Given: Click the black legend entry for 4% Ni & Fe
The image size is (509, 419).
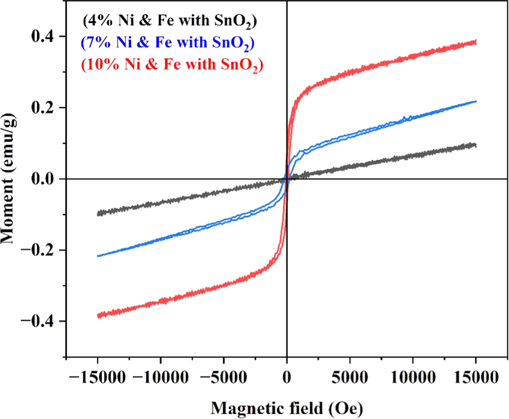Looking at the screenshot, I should (170, 21).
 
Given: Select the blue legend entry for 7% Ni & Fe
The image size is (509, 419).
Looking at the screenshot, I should (168, 43).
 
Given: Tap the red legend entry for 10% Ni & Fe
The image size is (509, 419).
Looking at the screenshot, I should (172, 64).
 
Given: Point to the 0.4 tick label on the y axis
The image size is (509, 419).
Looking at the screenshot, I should (42, 36).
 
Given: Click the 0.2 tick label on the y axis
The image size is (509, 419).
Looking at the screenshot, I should (42, 108).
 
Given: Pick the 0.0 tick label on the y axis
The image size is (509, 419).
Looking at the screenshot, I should (42, 179).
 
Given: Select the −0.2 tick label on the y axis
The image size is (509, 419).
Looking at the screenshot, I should (37, 250).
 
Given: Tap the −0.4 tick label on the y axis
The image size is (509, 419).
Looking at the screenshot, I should (37, 321).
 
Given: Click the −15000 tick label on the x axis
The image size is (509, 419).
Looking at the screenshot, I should (97, 378).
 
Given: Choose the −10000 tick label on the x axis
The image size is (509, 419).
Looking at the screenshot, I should (160, 378).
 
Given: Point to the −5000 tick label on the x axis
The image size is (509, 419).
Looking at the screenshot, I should (223, 378).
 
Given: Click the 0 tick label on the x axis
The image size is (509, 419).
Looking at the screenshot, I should (286, 378).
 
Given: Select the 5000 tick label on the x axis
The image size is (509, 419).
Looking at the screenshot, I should (350, 378).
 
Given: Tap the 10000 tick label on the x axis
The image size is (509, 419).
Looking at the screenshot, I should (413, 378).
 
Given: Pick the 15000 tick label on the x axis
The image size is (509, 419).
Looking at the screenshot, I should (476, 378).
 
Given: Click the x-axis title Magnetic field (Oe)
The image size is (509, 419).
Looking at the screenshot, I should (287, 408).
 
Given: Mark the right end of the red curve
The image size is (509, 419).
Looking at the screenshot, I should (476, 42).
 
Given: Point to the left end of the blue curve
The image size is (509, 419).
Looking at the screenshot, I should (98, 256).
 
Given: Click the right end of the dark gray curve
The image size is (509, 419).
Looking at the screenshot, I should (476, 145).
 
